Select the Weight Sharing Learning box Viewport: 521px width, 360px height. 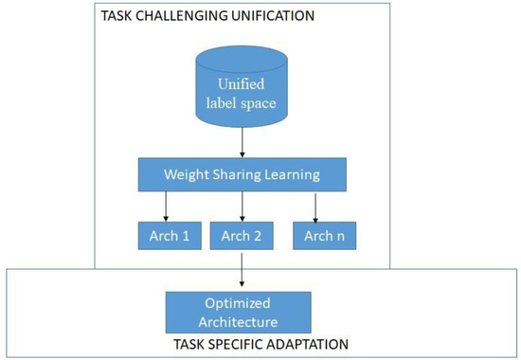(x=241, y=173)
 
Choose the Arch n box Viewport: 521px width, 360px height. (x=323, y=234)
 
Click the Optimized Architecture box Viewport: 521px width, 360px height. (x=240, y=312)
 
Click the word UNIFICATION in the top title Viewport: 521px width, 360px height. (x=270, y=16)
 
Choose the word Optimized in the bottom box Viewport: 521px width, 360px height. (x=240, y=304)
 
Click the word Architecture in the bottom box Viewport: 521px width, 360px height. (x=240, y=321)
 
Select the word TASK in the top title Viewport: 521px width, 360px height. (x=123, y=16)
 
